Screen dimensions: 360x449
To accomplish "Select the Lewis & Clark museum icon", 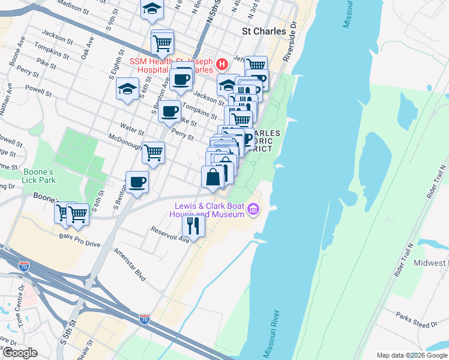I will click(253, 209).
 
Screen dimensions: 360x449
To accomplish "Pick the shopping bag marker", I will click(212, 177).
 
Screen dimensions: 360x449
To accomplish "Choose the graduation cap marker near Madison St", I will click(152, 9).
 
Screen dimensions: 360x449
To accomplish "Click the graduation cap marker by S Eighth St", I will click(128, 89).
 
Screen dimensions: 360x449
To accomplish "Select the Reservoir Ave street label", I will click(170, 235).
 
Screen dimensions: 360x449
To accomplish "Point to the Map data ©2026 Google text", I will click(411, 355).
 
